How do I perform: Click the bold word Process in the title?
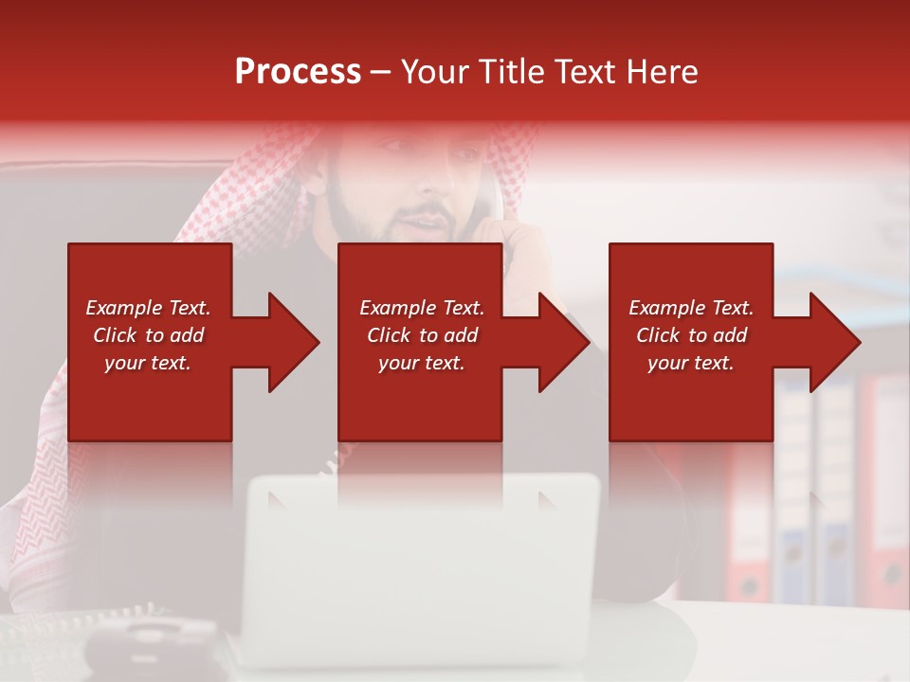click(x=298, y=72)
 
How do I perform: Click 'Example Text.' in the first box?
click(x=148, y=308)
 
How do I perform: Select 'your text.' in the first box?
click(x=148, y=363)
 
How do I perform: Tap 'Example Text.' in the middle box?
click(x=422, y=308)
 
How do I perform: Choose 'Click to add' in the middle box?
click(x=422, y=335)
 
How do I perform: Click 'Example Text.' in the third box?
click(x=691, y=308)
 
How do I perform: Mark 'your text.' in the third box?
click(x=691, y=363)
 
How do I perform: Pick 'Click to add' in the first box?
click(x=148, y=335)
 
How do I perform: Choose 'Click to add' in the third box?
click(x=691, y=335)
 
